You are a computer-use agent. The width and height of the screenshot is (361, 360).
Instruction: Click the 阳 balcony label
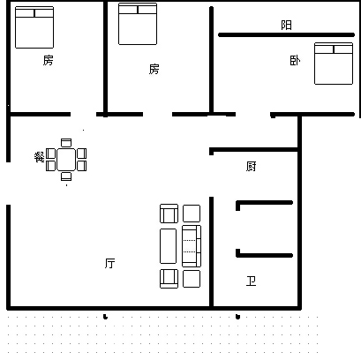[286, 25]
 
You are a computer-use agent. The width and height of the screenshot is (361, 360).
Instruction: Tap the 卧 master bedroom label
[295, 61]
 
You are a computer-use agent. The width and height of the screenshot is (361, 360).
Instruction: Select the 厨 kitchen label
[251, 167]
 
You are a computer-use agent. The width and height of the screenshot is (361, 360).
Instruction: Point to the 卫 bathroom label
[251, 281]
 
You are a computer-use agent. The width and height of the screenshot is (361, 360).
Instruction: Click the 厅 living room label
[110, 263]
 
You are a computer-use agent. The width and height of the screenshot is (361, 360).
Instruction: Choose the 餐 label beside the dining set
[39, 157]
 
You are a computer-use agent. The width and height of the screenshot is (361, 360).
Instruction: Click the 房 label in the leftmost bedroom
[48, 60]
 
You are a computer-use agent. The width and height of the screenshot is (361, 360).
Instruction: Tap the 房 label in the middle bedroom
[154, 70]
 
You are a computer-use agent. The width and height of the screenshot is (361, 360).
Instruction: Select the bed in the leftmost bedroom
[34, 27]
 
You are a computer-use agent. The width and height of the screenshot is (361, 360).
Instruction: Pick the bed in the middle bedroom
[138, 24]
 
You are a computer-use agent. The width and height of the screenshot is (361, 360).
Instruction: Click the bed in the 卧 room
[334, 64]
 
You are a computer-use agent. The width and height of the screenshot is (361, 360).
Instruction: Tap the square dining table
[66, 160]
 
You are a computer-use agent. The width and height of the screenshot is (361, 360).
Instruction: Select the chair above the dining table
[66, 143]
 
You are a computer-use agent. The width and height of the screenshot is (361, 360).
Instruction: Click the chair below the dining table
[66, 176]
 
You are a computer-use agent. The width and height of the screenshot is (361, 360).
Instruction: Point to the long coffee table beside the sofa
[168, 246]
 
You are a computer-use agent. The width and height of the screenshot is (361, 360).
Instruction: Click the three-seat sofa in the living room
[192, 246]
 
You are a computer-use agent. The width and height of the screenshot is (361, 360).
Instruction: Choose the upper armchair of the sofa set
[169, 214]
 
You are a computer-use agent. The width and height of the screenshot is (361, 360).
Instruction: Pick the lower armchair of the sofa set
[169, 279]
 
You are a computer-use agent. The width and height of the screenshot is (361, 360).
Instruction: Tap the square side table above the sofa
[192, 214]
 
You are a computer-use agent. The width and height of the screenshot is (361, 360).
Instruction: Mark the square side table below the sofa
[192, 279]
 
